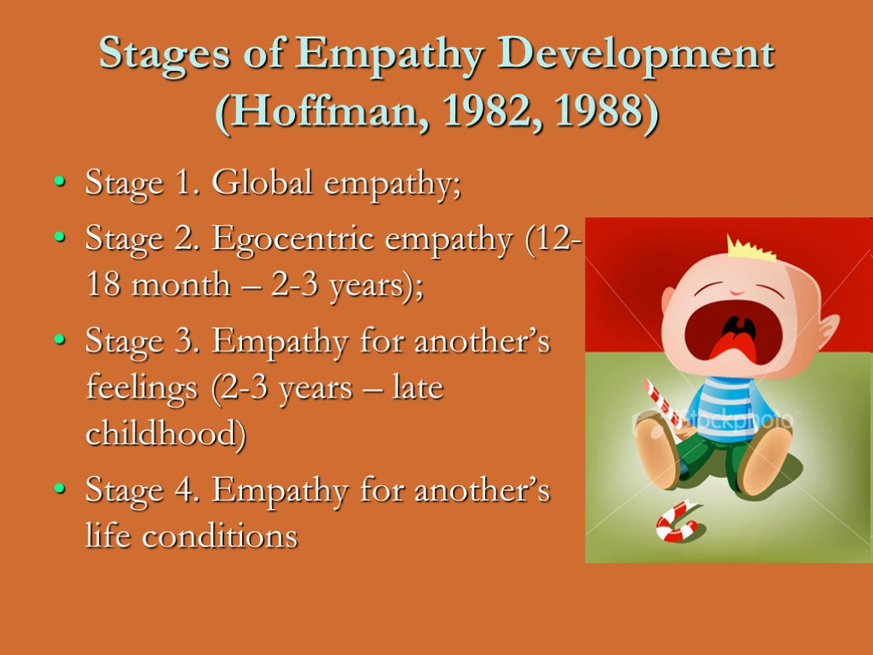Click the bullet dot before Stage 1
58,184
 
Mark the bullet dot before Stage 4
58,492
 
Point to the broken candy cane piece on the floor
677,521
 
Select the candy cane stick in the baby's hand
662,402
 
